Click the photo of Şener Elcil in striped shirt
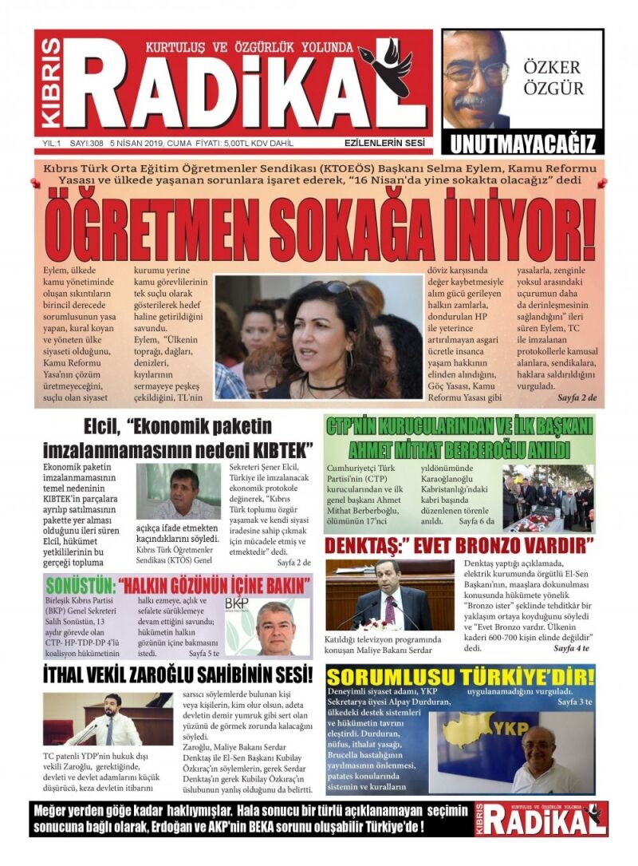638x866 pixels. [x=178, y=491]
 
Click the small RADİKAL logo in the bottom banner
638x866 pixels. [x=542, y=819]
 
